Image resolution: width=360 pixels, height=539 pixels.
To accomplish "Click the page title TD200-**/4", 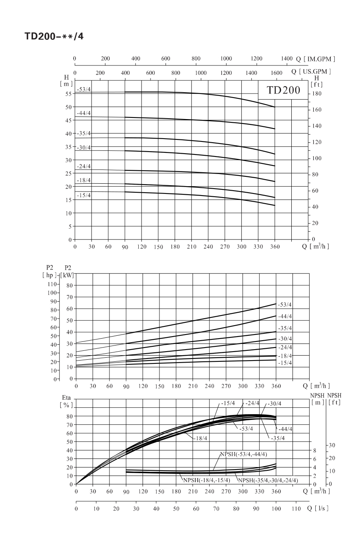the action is coord(54,36).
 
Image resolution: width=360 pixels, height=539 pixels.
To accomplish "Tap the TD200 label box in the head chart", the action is coord(283,90).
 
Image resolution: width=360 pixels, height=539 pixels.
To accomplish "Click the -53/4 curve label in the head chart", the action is coord(83,89).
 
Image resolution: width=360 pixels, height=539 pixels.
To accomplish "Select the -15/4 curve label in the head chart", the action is coord(83,195).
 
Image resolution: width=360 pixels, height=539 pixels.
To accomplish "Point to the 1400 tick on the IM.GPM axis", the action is coord(286,59).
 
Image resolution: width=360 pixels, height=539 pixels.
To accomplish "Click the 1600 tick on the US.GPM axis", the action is coord(276,73).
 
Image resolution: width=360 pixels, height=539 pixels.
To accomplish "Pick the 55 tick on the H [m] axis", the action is coord(69,94).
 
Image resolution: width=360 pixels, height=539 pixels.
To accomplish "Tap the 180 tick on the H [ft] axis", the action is coord(316,93).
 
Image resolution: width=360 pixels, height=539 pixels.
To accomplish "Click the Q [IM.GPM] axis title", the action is coord(315,59).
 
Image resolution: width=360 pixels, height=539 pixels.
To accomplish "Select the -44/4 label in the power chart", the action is coord(285,316).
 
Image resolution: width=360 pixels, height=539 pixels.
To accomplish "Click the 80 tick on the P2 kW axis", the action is coord(70,286).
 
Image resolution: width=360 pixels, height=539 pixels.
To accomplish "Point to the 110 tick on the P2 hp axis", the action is coord(52,284).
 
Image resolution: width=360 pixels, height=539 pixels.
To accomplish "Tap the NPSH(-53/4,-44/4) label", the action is coord(244,454).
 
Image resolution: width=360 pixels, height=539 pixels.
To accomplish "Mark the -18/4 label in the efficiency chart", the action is coord(201,438).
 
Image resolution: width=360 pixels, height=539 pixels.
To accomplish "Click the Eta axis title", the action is coord(66,401).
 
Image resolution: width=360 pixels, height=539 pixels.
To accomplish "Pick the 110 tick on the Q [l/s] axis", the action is coord(296,509).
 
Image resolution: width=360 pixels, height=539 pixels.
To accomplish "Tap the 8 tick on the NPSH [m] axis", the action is coord(315,451).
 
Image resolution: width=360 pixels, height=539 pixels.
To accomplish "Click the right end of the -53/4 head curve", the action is coord(275,107).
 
